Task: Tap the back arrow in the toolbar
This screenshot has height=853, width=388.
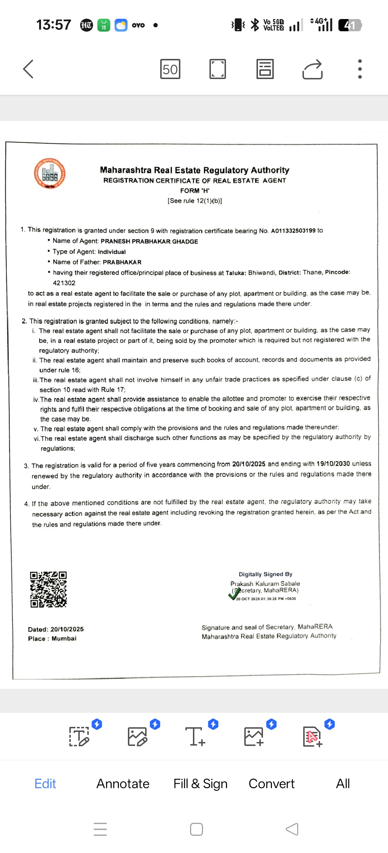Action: pyautogui.click(x=28, y=69)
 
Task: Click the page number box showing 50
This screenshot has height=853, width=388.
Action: pyautogui.click(x=170, y=69)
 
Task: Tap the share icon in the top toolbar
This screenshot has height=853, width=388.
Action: pyautogui.click(x=312, y=69)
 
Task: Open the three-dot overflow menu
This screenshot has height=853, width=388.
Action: pyautogui.click(x=360, y=69)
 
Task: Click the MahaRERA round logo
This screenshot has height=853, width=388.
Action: pyautogui.click(x=50, y=174)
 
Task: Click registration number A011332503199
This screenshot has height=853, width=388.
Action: pyautogui.click(x=293, y=231)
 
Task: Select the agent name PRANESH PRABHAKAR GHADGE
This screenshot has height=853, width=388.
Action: pyautogui.click(x=149, y=241)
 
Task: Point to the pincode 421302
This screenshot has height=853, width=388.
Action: pyautogui.click(x=64, y=283)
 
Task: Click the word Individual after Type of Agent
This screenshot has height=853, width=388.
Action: pyautogui.click(x=112, y=252)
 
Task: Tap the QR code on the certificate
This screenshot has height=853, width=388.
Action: pyautogui.click(x=48, y=590)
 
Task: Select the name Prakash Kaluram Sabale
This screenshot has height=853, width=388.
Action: pyautogui.click(x=265, y=584)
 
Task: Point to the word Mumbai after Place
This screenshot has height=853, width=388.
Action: pyautogui.click(x=64, y=638)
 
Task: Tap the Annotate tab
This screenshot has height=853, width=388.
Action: pyautogui.click(x=123, y=783)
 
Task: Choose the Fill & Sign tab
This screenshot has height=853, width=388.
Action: pyautogui.click(x=200, y=783)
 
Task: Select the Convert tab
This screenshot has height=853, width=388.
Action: pyautogui.click(x=272, y=783)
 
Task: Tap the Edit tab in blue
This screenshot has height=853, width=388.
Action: pyautogui.click(x=45, y=783)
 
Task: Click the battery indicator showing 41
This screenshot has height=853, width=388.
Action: pyautogui.click(x=350, y=25)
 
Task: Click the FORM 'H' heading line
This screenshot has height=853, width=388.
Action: pyautogui.click(x=195, y=190)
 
